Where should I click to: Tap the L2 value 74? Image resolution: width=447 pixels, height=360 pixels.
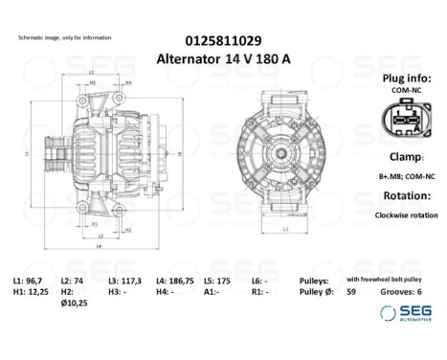tap(78, 280)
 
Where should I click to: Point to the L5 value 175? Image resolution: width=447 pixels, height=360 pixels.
tap(231, 280)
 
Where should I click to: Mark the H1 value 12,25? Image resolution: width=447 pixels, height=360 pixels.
tap(39, 291)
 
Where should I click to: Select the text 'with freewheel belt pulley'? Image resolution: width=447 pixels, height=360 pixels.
tap(386, 280)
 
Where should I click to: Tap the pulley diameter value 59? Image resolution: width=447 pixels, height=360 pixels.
tap(350, 291)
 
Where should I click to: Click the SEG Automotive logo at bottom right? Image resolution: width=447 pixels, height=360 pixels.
tap(404, 313)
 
